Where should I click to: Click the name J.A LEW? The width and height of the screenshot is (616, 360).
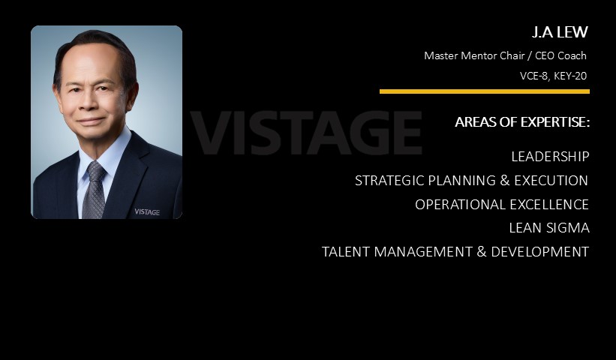(x=560, y=32)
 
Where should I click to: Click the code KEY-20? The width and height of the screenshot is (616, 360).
(x=570, y=76)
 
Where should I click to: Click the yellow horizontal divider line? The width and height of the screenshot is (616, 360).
(x=485, y=91)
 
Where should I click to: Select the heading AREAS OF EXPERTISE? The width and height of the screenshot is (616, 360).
(x=522, y=122)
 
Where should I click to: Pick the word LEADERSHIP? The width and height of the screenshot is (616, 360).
(x=550, y=157)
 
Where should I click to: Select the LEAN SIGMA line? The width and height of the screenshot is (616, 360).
(x=549, y=228)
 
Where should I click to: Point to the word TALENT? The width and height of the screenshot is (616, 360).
(x=346, y=252)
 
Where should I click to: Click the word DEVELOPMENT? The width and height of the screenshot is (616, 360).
(x=539, y=252)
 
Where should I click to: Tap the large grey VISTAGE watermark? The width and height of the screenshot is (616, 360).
(x=306, y=133)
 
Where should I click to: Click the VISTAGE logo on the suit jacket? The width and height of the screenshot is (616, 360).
(x=147, y=212)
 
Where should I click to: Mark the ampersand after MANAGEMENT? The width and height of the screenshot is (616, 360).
(x=482, y=252)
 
